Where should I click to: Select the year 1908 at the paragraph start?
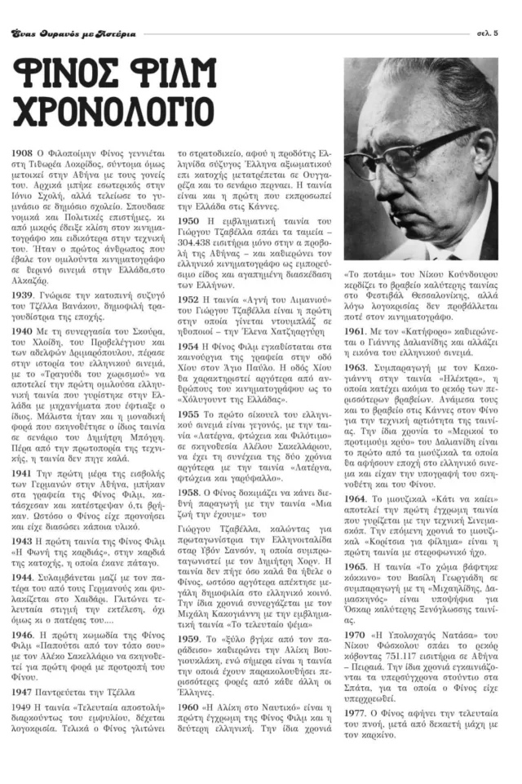point(22,153)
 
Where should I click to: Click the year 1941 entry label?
point(22,472)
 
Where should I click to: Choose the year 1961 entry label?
point(355,330)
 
